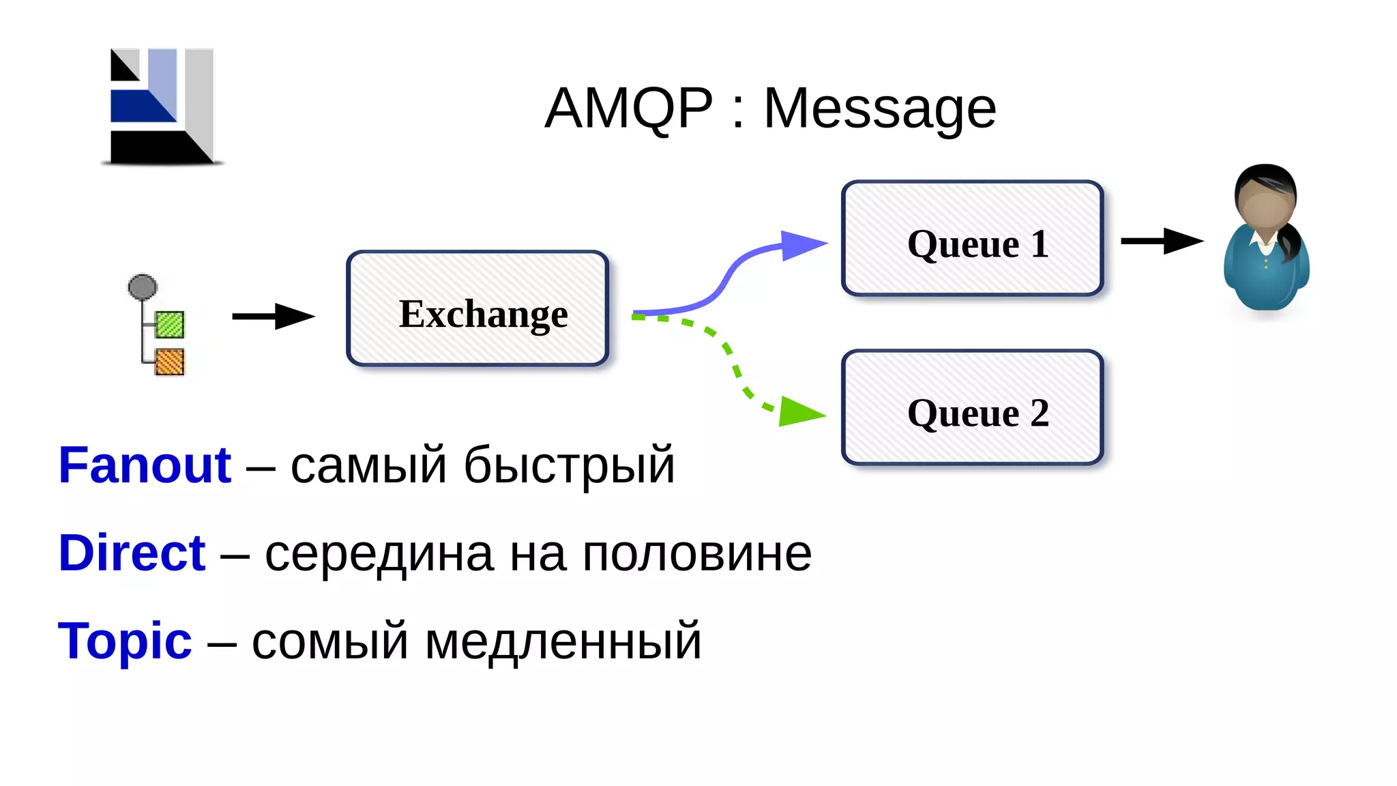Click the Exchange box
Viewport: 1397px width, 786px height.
[477, 308]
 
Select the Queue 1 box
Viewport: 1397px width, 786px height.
[973, 238]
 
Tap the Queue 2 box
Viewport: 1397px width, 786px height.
[973, 407]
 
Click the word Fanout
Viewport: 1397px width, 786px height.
[145, 465]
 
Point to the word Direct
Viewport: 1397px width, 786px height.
[132, 553]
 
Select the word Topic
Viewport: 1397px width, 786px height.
[125, 641]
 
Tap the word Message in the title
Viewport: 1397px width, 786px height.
[879, 109]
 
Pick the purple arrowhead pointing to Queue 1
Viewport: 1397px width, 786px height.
[802, 245]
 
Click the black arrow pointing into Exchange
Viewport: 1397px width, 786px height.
[274, 316]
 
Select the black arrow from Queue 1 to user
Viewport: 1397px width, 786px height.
[1162, 241]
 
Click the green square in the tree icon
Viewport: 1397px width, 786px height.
[169, 324]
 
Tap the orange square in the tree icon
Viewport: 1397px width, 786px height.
[169, 362]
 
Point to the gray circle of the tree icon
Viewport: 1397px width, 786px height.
[143, 287]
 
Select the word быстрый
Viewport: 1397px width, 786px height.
[569, 466]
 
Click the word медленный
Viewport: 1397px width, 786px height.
[563, 641]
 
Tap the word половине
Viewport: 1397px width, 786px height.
[696, 553]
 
